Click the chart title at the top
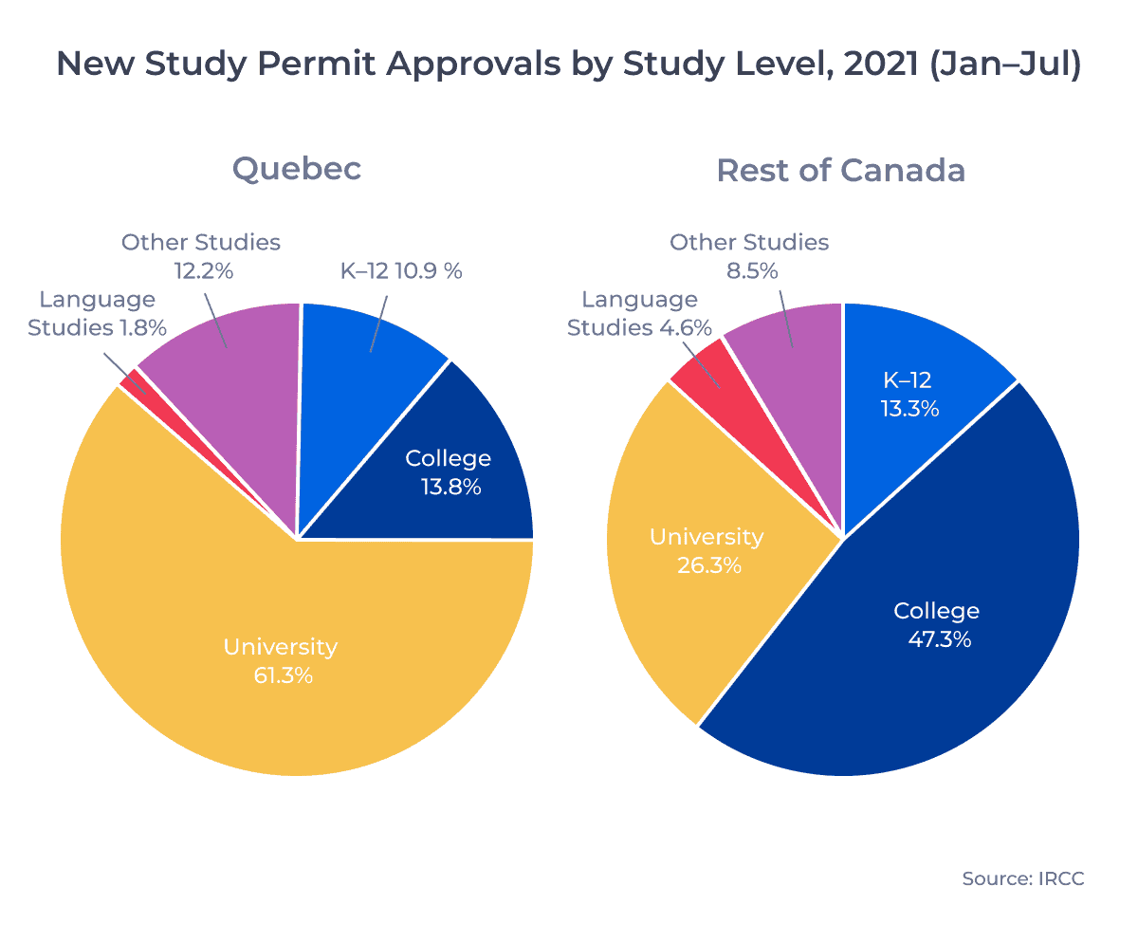(x=569, y=65)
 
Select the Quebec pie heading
(x=297, y=169)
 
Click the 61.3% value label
(x=281, y=676)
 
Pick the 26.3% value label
(x=707, y=566)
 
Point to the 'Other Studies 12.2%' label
(x=201, y=256)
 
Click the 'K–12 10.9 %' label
(x=401, y=270)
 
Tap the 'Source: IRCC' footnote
(x=1022, y=878)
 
